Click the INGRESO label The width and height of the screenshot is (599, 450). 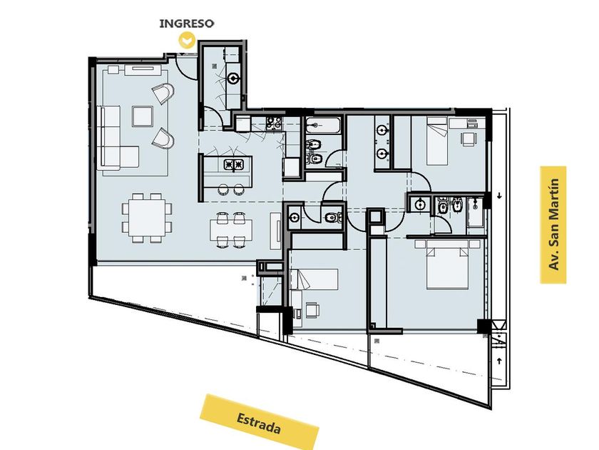coord(186,24)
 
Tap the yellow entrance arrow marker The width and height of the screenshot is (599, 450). coord(187,40)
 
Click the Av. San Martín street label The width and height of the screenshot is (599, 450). coord(553,224)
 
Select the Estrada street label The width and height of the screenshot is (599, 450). coord(259,422)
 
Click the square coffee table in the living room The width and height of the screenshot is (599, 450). coord(143,116)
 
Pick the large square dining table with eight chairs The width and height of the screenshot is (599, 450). coord(147,217)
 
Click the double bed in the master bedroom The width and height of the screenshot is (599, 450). coord(447,264)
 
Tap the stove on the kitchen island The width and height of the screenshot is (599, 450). coord(233,164)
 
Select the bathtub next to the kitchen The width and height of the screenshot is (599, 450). coord(322,125)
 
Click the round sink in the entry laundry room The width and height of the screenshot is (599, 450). coord(233,79)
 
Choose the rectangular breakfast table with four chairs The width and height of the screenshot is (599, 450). coord(231,230)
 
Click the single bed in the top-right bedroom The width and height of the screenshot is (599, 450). coord(437,141)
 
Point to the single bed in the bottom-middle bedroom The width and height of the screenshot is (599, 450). coord(314,279)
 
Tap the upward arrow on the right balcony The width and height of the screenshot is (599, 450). coord(499,361)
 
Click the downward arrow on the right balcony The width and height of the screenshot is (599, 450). coord(499,196)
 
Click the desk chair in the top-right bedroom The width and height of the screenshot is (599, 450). coord(469,139)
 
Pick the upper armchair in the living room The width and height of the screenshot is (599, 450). coord(163,93)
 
